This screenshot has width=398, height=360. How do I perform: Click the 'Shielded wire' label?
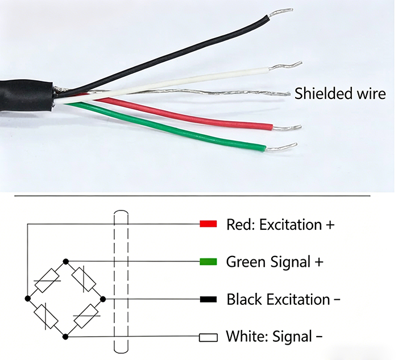340,94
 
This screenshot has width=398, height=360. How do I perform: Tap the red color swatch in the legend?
209,224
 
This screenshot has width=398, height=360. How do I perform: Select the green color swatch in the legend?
209,262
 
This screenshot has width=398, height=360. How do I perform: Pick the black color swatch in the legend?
209,299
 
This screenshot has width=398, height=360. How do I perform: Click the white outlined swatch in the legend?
209,337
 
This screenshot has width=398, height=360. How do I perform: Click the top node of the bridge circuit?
66,261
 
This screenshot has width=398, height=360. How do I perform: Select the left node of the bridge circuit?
28,297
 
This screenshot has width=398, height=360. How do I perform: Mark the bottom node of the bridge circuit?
66,337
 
